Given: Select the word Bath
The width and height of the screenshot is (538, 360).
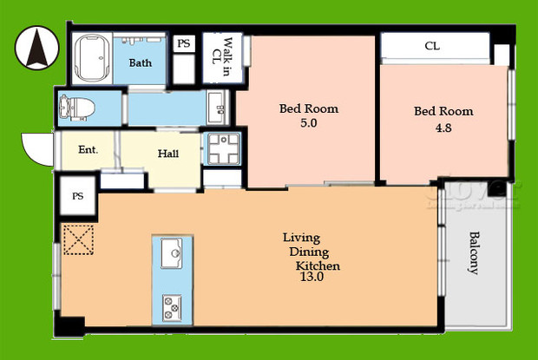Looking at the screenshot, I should point(141,63).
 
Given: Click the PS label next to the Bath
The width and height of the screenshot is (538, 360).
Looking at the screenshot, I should point(184,43).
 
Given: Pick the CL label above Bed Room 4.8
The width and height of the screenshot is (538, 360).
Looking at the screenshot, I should point(431,45).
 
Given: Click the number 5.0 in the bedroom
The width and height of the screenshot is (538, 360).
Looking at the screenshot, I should point(308,124).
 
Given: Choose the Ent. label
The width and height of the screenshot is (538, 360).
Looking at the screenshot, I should point(88,150).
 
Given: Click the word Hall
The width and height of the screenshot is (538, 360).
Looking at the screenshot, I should point(168,154).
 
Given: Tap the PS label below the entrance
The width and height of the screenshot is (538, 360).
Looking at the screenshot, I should point(77,197).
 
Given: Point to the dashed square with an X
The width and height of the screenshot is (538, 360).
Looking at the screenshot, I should point(78,239).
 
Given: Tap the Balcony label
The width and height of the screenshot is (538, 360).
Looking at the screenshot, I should point(474,252).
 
